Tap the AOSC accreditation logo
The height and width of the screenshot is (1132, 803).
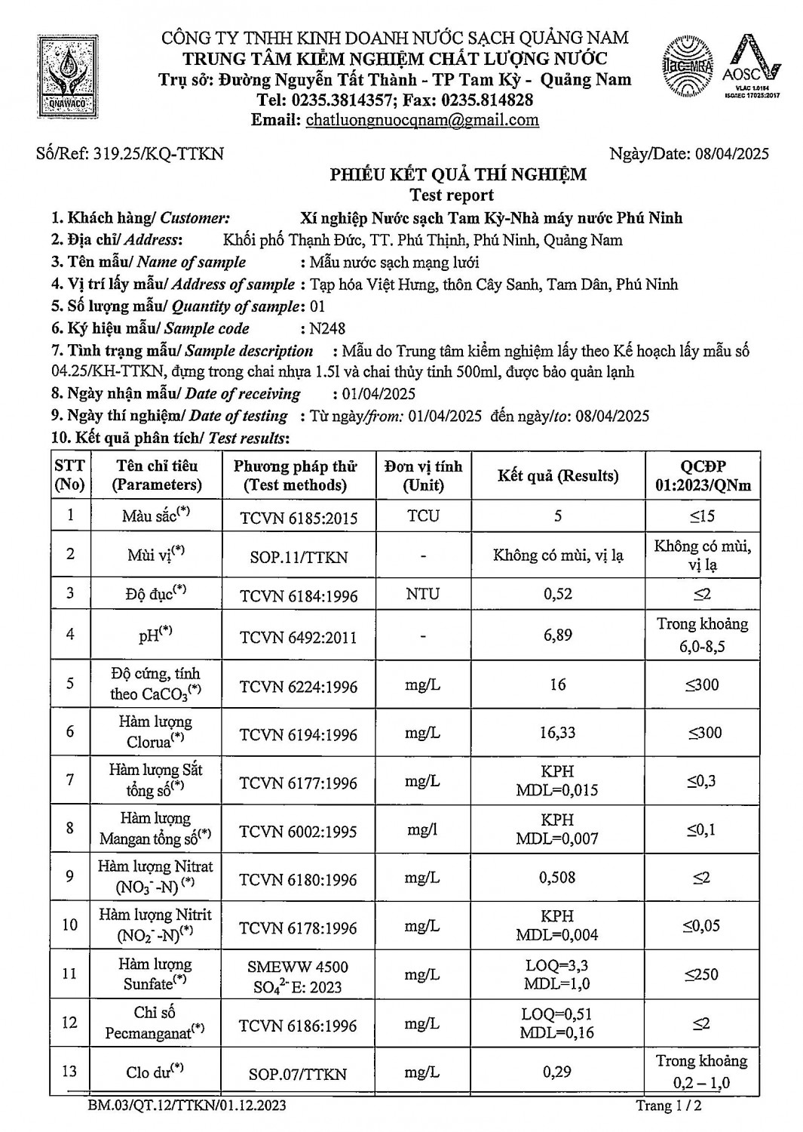[751, 66]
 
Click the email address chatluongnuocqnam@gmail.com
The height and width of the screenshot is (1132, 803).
[422, 120]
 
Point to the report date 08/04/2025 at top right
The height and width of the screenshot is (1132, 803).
[731, 154]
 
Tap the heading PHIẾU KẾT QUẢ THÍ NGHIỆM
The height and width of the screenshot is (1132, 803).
[458, 175]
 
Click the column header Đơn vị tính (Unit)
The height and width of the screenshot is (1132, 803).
[423, 475]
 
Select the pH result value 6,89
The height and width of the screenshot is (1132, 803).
[557, 635]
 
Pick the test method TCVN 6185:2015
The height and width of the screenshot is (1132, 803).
[299, 518]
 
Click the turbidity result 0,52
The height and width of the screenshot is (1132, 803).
[557, 594]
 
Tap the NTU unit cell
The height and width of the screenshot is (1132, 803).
[423, 594]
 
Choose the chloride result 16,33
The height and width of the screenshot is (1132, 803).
[557, 733]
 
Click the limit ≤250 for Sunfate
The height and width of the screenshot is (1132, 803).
[701, 974]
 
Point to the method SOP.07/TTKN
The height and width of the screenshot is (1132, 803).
[299, 1073]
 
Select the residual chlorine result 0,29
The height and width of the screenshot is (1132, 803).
[557, 1072]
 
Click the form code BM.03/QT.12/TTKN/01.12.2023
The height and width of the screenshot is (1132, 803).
[187, 1106]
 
